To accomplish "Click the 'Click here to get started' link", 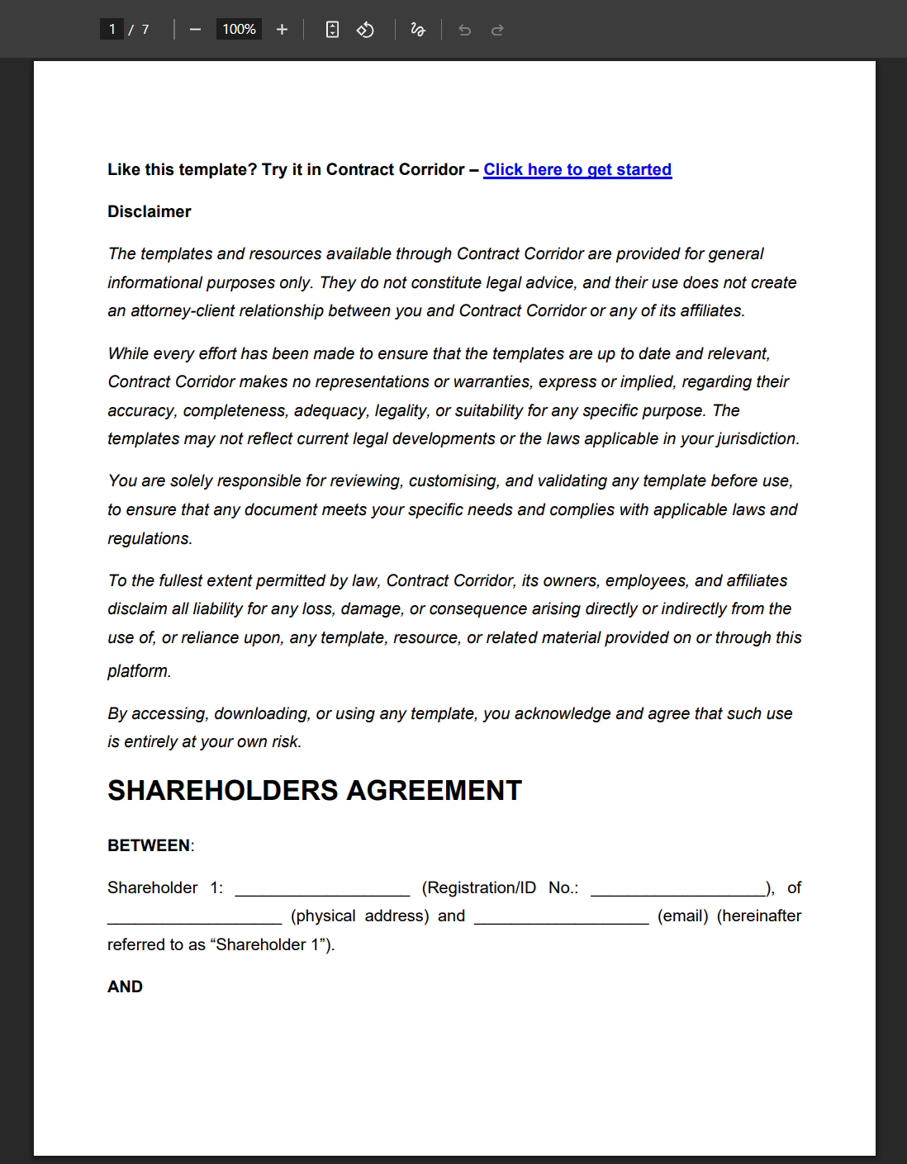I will tap(577, 170).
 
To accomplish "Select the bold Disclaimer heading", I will tap(150, 212).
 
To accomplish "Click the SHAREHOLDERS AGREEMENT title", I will tap(315, 791).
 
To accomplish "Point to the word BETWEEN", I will tap(149, 846).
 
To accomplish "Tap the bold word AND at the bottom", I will tap(125, 987).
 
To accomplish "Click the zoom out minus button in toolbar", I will tap(195, 30).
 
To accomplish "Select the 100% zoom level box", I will tap(239, 30).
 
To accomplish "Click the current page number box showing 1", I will tap(112, 30).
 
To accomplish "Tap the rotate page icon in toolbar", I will tap(365, 30).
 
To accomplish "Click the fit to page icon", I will tap(332, 30).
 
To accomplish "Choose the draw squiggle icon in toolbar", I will tap(418, 30).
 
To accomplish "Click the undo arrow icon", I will tap(465, 30).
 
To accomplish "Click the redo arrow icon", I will tap(497, 30).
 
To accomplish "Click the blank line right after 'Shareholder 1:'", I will tap(322, 890).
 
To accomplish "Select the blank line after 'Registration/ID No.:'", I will tap(678, 890).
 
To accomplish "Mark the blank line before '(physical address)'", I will tap(195, 918).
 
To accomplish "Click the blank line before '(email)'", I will tap(561, 918).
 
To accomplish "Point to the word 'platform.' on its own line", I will tap(140, 671).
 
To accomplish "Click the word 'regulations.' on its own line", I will tap(150, 539).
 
